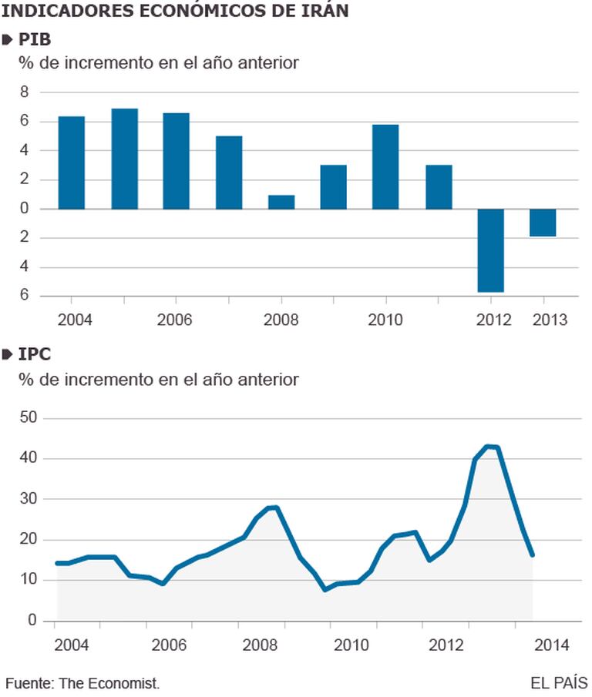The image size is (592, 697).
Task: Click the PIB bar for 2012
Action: click(490, 250)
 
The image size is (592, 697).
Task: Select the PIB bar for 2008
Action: click(281, 202)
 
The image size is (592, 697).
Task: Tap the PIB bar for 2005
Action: click(124, 159)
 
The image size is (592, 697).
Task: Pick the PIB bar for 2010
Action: click(385, 166)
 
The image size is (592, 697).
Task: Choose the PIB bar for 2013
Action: click(543, 223)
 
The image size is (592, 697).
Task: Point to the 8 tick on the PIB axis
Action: click(24, 92)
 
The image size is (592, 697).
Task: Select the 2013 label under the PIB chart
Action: click(550, 319)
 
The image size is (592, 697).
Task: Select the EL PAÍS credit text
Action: click(558, 683)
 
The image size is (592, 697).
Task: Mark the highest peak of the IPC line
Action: click(489, 446)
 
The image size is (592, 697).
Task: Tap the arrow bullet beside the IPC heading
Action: click(8, 356)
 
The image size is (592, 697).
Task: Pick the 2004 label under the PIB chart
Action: click(72, 319)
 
